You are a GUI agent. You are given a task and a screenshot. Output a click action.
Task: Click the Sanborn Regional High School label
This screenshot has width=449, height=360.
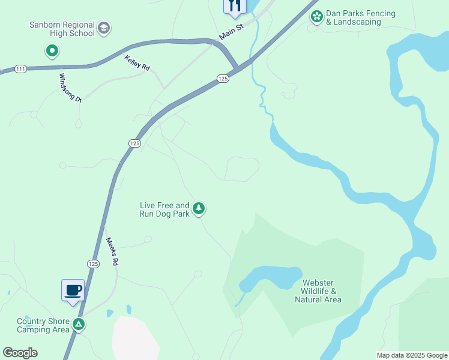[62, 29]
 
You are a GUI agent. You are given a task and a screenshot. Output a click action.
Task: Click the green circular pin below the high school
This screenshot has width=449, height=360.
[52, 52]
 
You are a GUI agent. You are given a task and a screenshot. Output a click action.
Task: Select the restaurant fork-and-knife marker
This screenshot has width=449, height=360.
[234, 6]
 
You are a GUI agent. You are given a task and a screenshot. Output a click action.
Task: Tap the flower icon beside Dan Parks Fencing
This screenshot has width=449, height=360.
[316, 17]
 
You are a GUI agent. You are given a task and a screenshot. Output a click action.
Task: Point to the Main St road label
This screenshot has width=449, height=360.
[231, 32]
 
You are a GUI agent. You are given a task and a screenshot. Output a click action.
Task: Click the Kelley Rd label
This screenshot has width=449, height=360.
[137, 62]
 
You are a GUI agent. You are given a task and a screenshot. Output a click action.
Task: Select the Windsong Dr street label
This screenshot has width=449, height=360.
[70, 88]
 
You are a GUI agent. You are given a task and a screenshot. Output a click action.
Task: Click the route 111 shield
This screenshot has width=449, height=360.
[21, 70]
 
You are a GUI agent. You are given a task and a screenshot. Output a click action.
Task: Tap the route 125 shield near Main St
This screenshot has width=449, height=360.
[223, 79]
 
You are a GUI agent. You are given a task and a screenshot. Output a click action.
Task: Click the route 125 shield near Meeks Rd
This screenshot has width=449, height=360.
[93, 263]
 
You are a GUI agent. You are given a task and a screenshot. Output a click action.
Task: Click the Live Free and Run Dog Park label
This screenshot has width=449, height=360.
[164, 209]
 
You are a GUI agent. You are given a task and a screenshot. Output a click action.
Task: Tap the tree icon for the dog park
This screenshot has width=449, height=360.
[199, 209]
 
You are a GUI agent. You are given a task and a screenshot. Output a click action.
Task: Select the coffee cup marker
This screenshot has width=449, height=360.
[73, 290]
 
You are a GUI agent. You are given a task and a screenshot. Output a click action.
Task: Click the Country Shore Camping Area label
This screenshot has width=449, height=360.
[43, 325]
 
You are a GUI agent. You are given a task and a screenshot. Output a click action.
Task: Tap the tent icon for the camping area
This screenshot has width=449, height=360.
[78, 325]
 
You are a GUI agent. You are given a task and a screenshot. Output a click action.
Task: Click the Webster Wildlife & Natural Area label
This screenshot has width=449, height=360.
[318, 291]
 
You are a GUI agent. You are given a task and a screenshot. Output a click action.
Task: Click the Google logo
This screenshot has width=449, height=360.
[20, 353]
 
